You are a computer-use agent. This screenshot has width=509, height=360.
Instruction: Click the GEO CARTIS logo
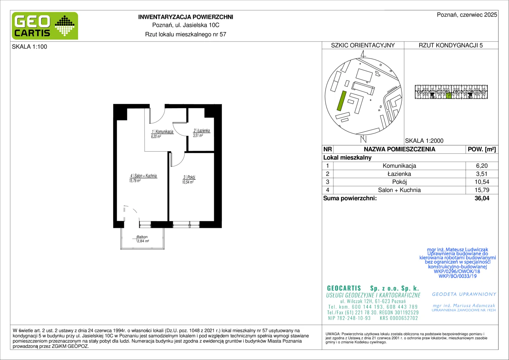(x=45, y=26)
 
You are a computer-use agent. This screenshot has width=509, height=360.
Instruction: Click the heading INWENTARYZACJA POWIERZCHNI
(x=186, y=17)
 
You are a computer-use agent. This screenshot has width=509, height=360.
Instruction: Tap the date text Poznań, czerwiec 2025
(x=467, y=15)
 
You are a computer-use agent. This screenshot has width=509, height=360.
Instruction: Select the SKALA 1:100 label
(x=30, y=47)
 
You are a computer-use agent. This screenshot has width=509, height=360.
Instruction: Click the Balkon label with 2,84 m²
(x=143, y=239)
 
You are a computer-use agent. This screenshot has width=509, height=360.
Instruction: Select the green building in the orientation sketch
(x=341, y=101)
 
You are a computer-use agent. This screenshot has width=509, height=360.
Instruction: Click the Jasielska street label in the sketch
(x=392, y=89)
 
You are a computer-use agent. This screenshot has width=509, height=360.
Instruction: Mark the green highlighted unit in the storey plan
(x=448, y=96)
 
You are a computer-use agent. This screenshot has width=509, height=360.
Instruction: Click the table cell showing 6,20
(x=482, y=166)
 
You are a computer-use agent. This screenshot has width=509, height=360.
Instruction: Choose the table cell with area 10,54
(x=482, y=182)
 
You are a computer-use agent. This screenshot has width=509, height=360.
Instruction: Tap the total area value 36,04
(x=482, y=198)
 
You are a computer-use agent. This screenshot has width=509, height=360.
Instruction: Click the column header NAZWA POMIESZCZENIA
(x=399, y=149)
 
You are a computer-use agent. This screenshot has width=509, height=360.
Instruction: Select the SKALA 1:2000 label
(x=424, y=141)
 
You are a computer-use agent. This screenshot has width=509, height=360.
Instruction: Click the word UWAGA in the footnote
(x=333, y=334)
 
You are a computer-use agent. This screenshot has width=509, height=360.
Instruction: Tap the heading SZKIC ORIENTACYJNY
(x=363, y=45)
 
